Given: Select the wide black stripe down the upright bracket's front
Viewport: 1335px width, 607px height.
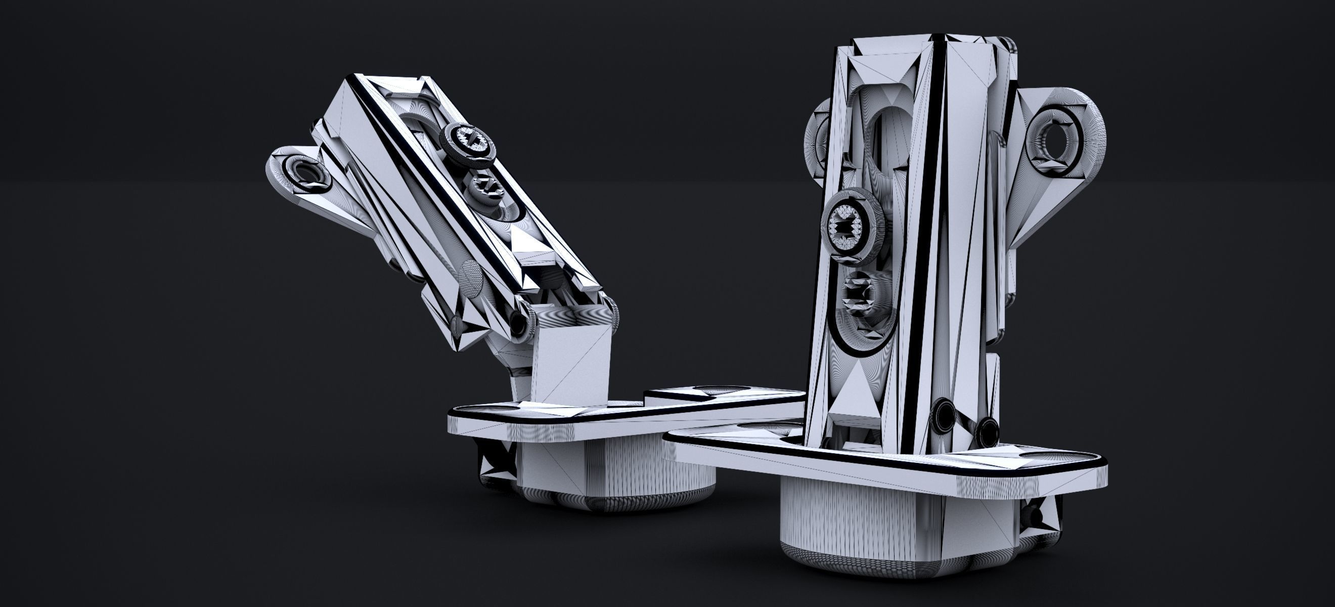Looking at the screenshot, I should [923, 233].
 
